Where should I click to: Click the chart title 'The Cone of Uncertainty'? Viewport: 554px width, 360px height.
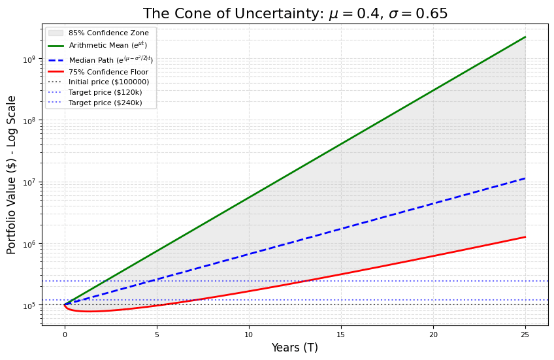[295, 14]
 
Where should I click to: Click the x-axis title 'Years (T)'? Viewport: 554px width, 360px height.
[295, 348]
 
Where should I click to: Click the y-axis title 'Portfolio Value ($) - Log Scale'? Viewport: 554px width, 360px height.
[12, 174]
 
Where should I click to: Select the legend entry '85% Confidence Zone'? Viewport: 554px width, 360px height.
[108, 33]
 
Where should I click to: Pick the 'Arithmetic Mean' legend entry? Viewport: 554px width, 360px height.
[108, 45]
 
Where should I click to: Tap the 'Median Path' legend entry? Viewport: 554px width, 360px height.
[111, 59]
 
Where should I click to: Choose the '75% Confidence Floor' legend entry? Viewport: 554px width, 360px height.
[108, 72]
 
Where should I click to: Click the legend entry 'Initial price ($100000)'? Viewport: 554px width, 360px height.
[108, 82]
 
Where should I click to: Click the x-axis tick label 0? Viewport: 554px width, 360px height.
[65, 335]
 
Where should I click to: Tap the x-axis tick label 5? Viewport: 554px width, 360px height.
[157, 335]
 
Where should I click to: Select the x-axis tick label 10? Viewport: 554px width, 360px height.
[249, 335]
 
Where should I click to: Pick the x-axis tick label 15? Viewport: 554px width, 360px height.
[341, 335]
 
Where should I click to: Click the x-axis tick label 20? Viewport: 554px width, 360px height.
[433, 335]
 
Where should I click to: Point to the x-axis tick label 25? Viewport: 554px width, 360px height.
[525, 335]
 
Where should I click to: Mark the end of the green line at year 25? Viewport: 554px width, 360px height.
[525, 37]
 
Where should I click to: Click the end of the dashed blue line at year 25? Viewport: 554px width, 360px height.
[525, 178]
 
